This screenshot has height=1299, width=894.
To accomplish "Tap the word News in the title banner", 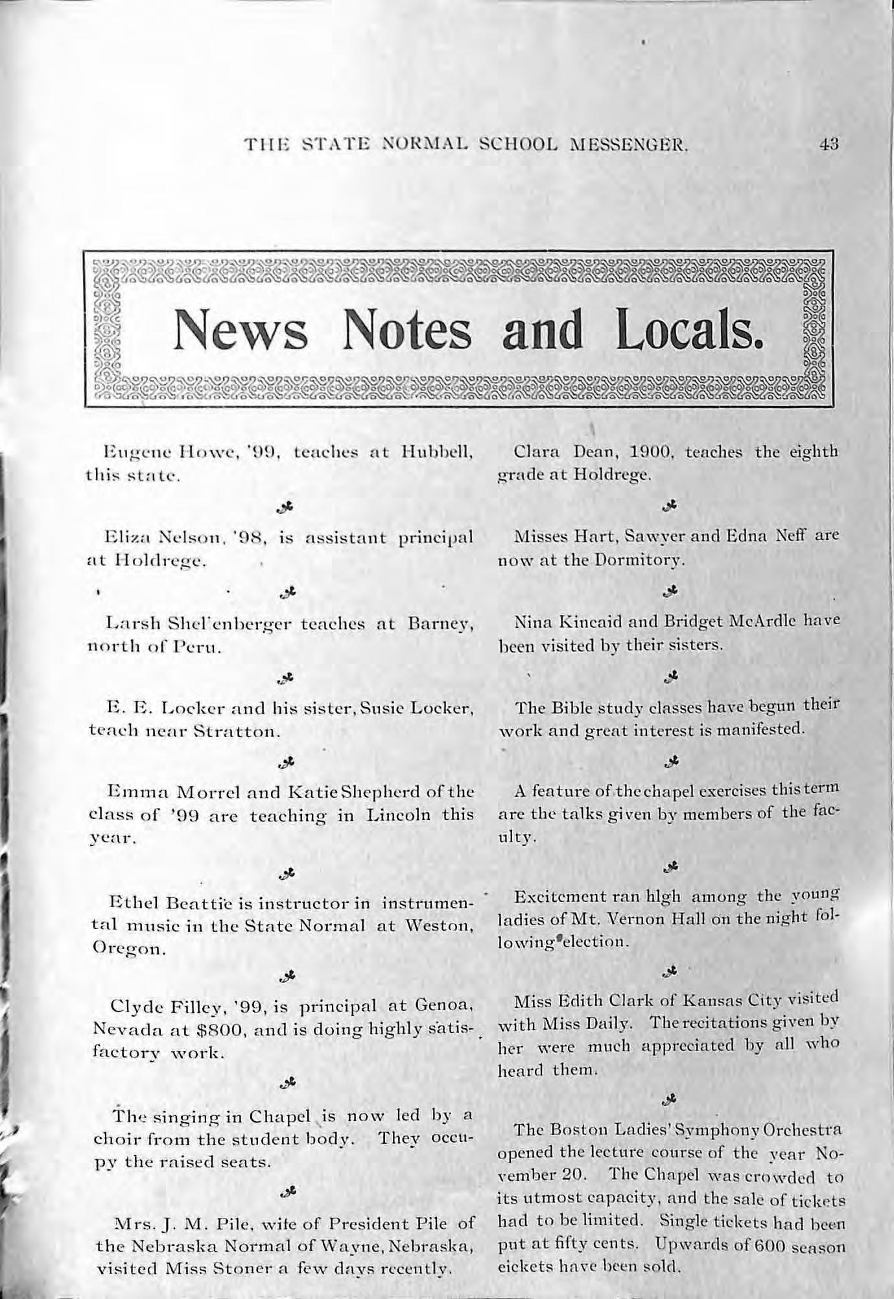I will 240,330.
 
